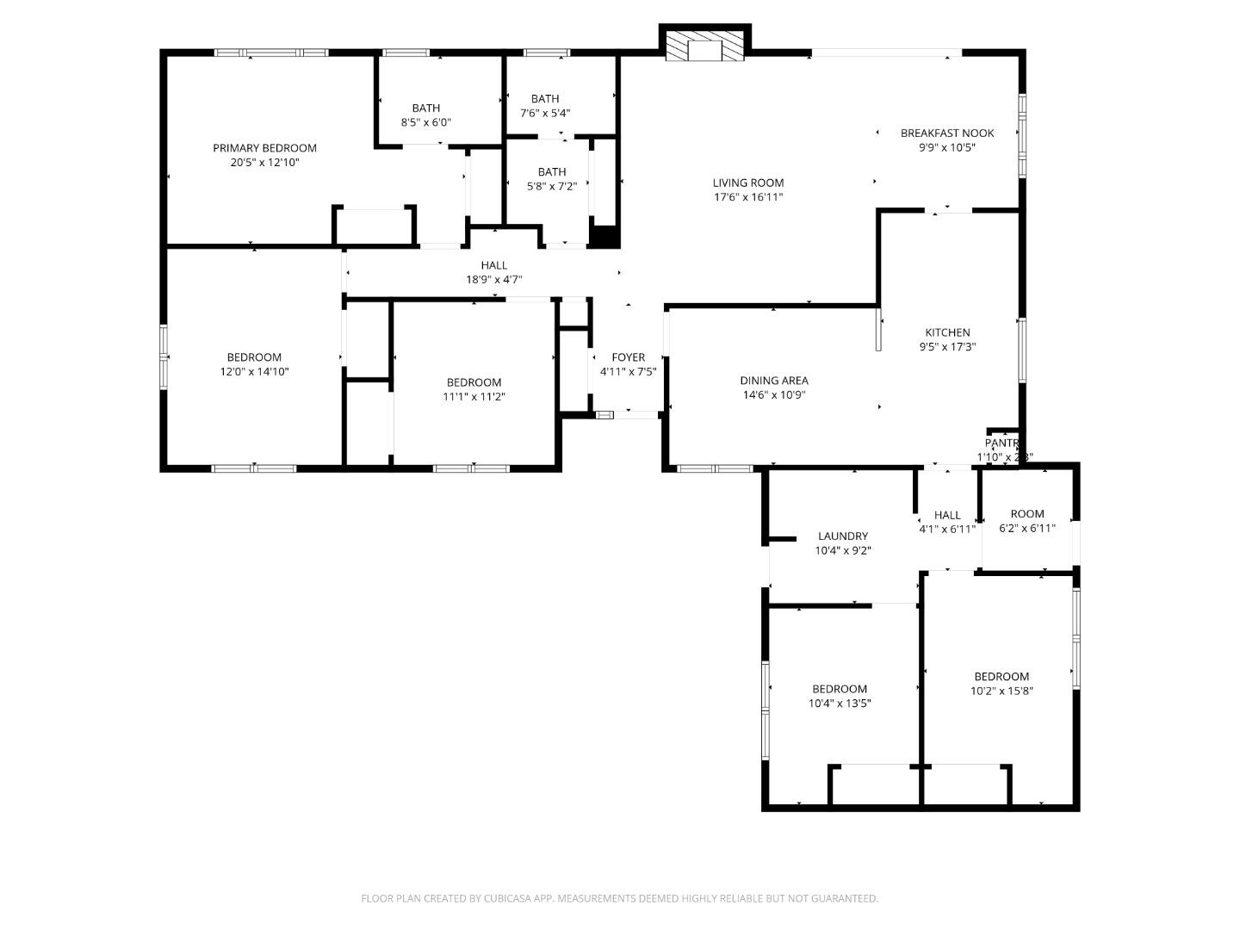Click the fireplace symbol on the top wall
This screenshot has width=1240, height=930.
click(x=704, y=48)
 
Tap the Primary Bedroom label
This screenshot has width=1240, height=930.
click(x=264, y=148)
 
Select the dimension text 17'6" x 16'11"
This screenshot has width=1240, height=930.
click(x=748, y=197)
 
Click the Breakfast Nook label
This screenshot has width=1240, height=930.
click(x=946, y=133)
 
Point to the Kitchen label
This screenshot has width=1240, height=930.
click(x=947, y=332)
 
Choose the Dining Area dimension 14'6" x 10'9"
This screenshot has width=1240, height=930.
click(x=773, y=395)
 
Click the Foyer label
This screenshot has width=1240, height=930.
click(x=628, y=357)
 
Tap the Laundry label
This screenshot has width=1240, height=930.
click(x=843, y=536)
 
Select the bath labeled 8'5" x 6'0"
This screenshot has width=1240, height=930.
click(x=425, y=115)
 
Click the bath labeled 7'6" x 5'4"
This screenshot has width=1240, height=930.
click(x=544, y=105)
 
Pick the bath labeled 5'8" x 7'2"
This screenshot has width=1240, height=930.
click(x=552, y=178)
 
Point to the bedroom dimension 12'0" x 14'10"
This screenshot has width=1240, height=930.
click(x=254, y=372)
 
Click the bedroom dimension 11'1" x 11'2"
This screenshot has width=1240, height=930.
click(x=474, y=397)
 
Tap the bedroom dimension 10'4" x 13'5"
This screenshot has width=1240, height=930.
click(x=840, y=704)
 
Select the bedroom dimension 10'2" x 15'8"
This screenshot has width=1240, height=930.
click(x=1001, y=691)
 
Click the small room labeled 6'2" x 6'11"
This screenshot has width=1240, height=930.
click(x=1026, y=520)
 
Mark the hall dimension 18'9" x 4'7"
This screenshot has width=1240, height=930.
click(x=494, y=280)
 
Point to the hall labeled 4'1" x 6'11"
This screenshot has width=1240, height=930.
click(x=947, y=522)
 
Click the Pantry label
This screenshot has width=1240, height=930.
click(x=1001, y=443)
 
